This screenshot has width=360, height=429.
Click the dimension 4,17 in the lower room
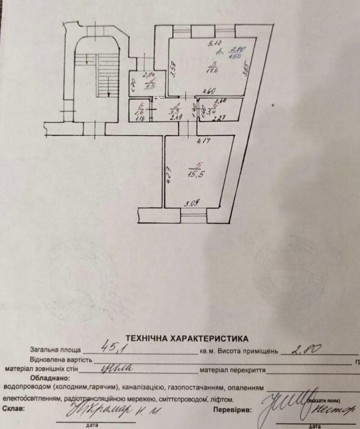(203, 141)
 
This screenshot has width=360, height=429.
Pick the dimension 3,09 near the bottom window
(192, 202)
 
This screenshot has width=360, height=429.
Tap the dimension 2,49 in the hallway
(176, 117)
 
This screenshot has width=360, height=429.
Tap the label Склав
(14, 409)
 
